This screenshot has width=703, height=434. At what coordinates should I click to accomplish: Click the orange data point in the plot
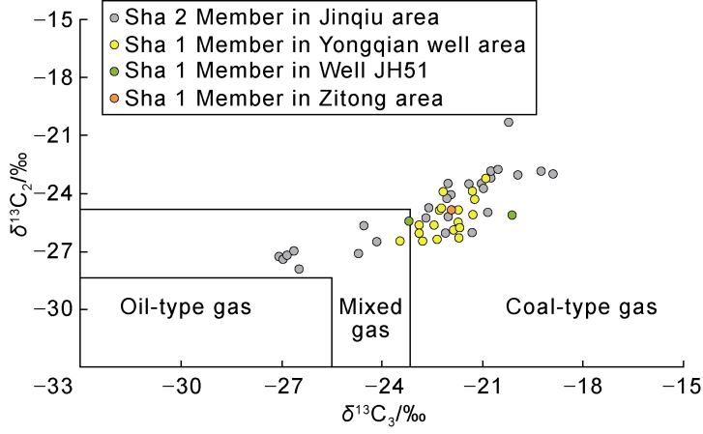click(452, 210)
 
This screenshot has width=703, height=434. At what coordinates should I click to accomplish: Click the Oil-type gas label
click(186, 307)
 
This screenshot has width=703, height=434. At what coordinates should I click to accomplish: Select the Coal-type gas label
click(581, 307)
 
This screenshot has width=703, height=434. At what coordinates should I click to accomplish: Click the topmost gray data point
click(509, 122)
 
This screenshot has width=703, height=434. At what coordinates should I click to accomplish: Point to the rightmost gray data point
click(553, 174)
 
